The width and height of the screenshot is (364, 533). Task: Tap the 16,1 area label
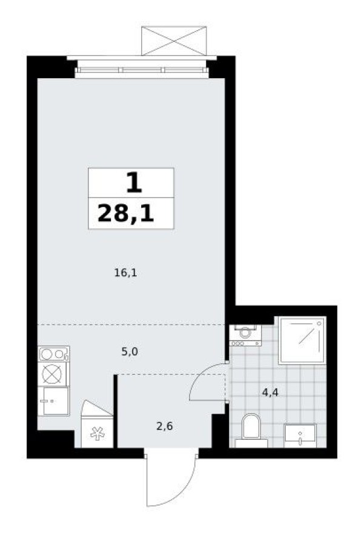tap(126, 273)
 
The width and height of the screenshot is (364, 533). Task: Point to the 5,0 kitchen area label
tap(129, 350)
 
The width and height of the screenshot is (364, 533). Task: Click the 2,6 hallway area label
tap(164, 426)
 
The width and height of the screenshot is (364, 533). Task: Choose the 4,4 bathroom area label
tap(271, 392)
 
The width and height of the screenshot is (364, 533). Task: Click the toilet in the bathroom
tap(250, 428)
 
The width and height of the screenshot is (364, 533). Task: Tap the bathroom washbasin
tap(300, 434)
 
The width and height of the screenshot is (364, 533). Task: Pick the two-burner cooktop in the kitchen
tap(54, 354)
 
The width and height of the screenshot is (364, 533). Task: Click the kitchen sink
tap(54, 401)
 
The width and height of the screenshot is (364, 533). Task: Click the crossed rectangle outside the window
tap(174, 41)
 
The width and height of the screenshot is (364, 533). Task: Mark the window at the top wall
tap(142, 70)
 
